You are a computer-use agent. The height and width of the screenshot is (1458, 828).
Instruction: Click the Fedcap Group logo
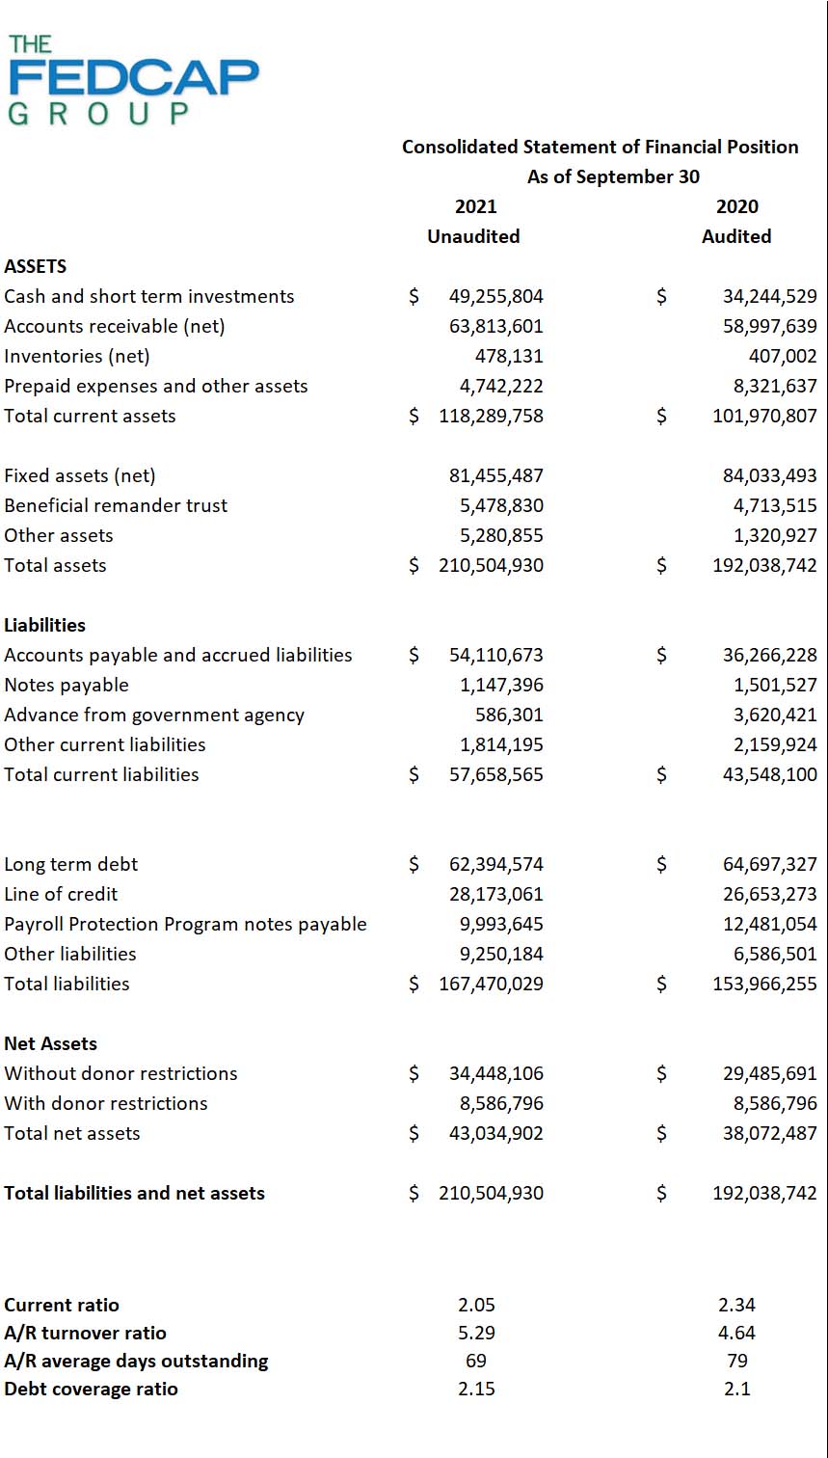pyautogui.click(x=133, y=80)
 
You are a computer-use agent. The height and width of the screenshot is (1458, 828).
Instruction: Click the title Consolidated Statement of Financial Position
pyautogui.click(x=600, y=147)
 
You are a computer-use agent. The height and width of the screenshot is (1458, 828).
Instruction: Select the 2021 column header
pyautogui.click(x=475, y=206)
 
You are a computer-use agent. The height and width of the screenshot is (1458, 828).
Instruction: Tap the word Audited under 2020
pyautogui.click(x=736, y=236)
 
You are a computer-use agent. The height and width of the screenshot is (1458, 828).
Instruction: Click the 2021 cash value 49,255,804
pyautogui.click(x=495, y=296)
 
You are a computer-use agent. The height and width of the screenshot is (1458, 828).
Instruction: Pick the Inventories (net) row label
pyautogui.click(x=77, y=356)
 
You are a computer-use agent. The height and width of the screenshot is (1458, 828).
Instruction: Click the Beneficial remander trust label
pyautogui.click(x=116, y=505)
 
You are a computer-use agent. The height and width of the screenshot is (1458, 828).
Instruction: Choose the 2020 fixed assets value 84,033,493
pyautogui.click(x=769, y=475)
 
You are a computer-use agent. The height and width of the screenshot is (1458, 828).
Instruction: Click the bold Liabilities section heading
pyautogui.click(x=44, y=625)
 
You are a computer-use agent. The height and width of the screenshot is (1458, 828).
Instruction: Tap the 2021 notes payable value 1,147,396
pyautogui.click(x=501, y=685)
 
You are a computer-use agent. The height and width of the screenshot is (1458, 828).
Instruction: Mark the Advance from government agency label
pyautogui.click(x=154, y=715)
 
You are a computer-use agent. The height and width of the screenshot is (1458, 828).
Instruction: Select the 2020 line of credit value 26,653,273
pyautogui.click(x=769, y=894)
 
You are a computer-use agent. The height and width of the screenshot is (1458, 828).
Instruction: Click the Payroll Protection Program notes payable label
pyautogui.click(x=185, y=924)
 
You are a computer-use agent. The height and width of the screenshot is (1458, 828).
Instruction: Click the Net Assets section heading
pyautogui.click(x=50, y=1043)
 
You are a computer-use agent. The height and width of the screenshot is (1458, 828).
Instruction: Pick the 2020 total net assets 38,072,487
pyautogui.click(x=769, y=1133)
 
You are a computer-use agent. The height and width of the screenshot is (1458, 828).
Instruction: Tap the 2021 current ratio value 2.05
pyautogui.click(x=476, y=1305)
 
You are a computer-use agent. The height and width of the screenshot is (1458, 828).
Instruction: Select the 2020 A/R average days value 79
pyautogui.click(x=736, y=1361)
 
